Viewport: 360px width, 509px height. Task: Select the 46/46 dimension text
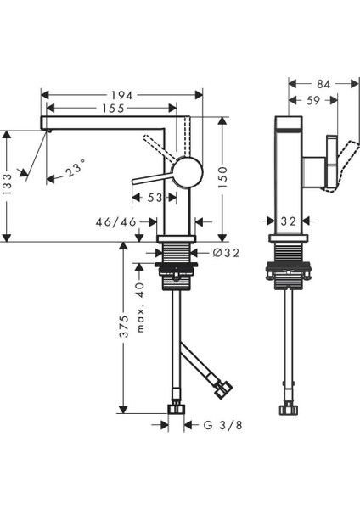click(116, 221)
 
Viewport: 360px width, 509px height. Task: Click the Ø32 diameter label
click(216, 252)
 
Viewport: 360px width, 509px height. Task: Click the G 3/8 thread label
click(219, 423)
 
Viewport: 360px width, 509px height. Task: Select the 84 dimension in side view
click(323, 83)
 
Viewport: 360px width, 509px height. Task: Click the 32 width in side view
click(288, 221)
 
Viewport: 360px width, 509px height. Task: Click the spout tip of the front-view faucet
click(45, 124)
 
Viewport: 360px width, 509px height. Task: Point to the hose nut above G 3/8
click(177, 410)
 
